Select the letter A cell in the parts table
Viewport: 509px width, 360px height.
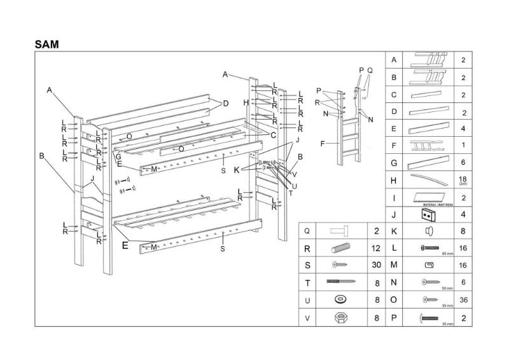394,60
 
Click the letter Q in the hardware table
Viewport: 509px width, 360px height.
308,231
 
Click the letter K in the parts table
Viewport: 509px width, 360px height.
394,231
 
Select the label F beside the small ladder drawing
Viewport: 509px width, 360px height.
323,143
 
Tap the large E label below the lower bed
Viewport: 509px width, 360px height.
125,244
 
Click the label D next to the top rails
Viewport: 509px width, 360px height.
225,103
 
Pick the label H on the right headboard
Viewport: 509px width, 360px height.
246,102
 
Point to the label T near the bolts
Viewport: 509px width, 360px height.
291,193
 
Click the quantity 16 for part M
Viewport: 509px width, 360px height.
463,265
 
